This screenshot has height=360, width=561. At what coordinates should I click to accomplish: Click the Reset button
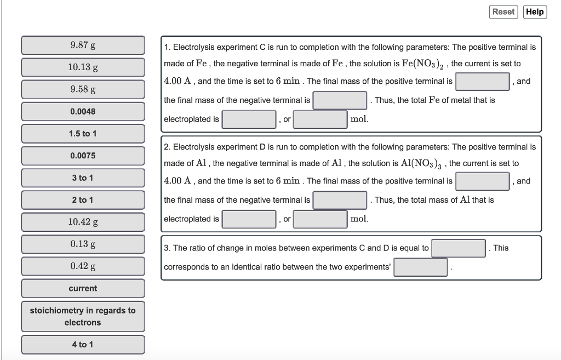[503, 12]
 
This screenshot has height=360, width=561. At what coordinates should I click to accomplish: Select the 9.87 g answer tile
[83, 45]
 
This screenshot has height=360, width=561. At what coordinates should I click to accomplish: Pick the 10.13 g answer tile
[83, 67]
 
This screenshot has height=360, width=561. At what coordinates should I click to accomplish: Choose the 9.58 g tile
[83, 89]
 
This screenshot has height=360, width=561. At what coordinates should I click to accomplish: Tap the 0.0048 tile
[83, 111]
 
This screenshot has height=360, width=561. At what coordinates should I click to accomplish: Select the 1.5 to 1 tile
[83, 133]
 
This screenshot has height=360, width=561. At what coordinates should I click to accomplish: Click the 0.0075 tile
[83, 156]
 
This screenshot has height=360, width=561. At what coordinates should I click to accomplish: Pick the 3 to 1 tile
[83, 178]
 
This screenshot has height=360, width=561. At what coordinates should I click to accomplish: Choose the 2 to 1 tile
[83, 199]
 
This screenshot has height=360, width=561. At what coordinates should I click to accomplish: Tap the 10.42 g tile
[83, 222]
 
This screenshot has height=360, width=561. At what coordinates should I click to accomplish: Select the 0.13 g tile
[83, 244]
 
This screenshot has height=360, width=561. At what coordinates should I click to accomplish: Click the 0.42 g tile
[83, 266]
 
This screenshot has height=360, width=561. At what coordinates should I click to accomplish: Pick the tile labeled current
[83, 288]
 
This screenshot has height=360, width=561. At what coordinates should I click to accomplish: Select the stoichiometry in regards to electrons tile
[83, 316]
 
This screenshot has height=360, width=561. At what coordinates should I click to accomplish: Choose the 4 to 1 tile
[83, 344]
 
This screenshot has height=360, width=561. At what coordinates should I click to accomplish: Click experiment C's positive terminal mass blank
[483, 82]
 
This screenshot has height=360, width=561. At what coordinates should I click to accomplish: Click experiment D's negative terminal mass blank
[340, 200]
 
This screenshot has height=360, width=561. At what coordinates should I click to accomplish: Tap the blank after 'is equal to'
[459, 248]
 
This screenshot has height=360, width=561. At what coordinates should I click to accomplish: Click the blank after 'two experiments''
[421, 267]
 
